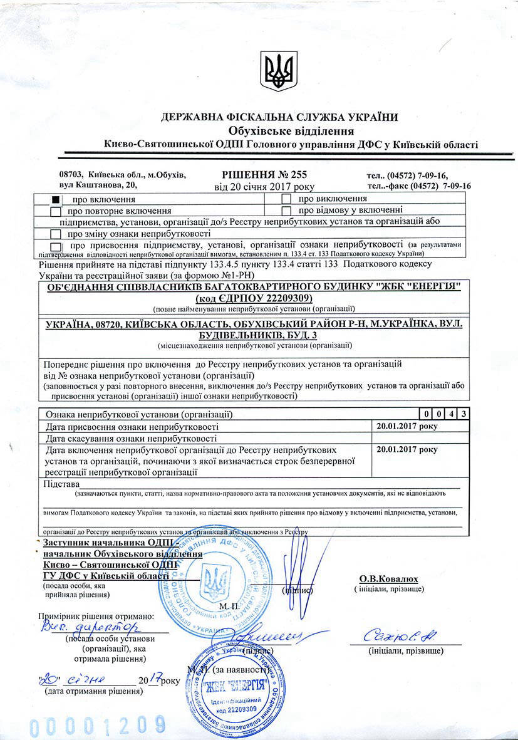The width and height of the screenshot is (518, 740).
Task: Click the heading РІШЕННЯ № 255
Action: (x=264, y=174)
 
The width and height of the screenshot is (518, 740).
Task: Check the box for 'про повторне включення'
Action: (x=56, y=211)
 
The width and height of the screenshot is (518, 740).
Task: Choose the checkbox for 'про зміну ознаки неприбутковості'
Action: (x=56, y=234)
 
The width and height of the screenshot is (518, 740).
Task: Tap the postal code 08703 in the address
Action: (x=71, y=174)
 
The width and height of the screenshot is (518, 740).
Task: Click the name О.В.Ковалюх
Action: (x=388, y=579)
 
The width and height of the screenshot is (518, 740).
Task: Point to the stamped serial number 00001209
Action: (x=96, y=726)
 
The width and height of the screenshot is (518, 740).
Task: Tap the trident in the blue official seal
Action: (x=218, y=583)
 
